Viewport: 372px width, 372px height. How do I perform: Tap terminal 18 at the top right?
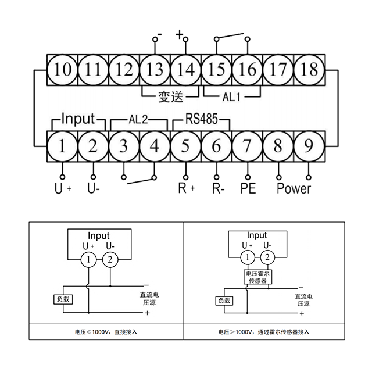click(309, 70)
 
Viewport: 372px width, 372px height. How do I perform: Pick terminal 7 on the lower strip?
click(248, 145)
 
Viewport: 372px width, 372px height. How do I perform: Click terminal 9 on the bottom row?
click(309, 145)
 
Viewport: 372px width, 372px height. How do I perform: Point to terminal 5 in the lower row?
click(185, 145)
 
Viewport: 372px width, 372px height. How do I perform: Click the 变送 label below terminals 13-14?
click(169, 93)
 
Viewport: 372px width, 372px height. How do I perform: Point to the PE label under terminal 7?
click(248, 188)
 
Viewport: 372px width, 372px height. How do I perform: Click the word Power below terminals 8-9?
click(294, 188)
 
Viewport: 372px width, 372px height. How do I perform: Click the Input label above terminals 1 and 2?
click(77, 119)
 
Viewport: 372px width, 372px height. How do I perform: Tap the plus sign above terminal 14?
click(180, 35)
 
